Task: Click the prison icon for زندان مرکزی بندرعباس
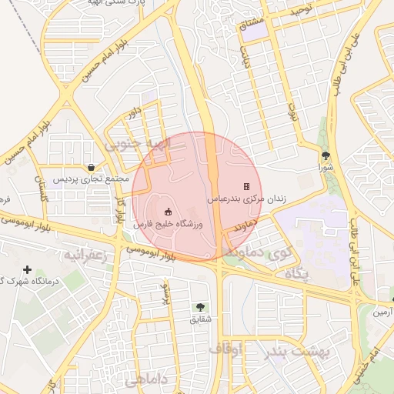click(x=246, y=186)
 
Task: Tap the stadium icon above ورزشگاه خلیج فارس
click(x=169, y=212)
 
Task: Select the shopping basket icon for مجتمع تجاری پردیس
click(x=92, y=167)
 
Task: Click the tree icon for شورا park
click(x=325, y=155)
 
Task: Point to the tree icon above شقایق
click(x=201, y=307)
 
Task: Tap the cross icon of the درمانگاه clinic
click(x=28, y=269)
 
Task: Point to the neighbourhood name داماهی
click(x=143, y=379)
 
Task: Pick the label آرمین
click(x=382, y=312)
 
